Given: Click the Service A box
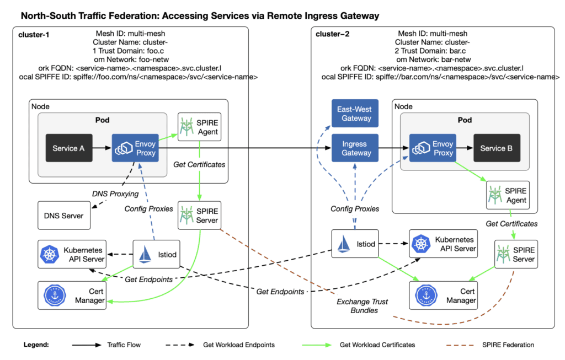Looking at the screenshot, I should pos(68,148).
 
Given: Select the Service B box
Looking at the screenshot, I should pos(493,148).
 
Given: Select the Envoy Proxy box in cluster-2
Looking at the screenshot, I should pos(431,148).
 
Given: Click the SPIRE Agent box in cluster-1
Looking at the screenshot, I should pos(199,127).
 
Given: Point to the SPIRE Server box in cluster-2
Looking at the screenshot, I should pos(515,254).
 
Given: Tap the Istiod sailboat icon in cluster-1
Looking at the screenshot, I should pos(145,254).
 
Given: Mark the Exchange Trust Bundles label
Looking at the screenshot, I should pos(362,306).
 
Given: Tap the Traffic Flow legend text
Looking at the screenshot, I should pos(124,345).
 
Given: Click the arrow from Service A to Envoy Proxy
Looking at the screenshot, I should pos(102,148).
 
